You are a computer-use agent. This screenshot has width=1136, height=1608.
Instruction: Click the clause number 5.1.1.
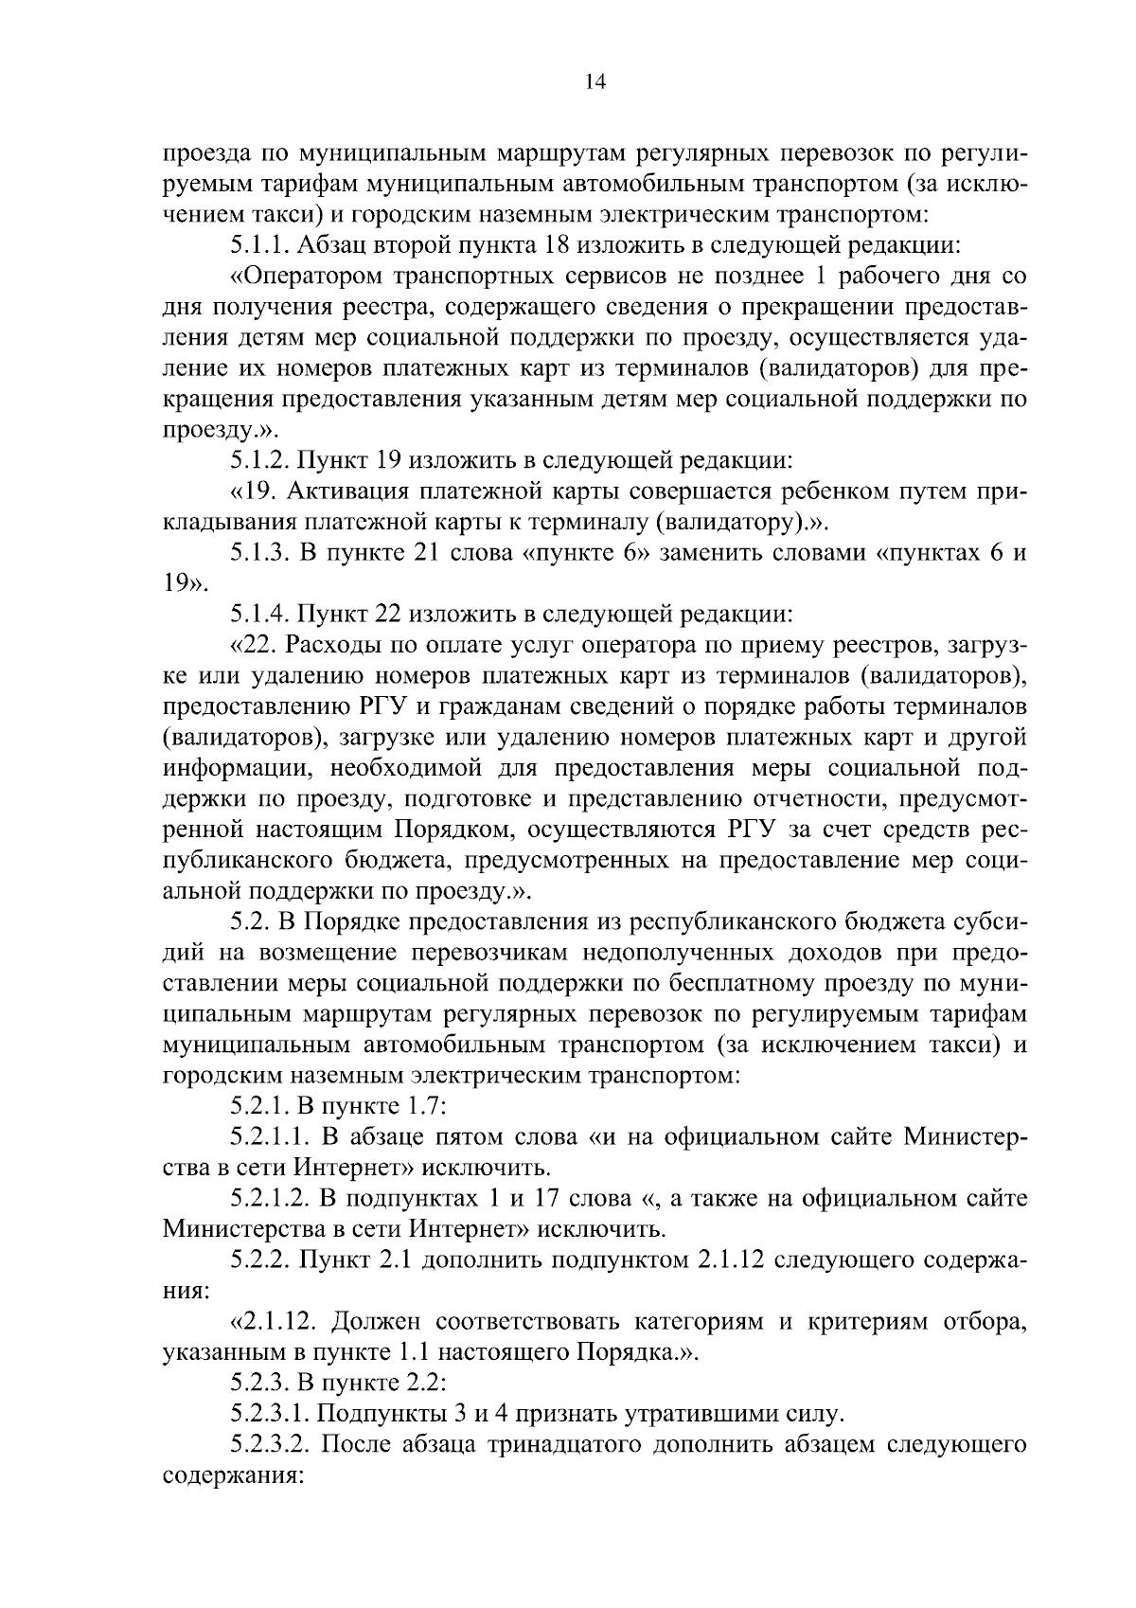260,245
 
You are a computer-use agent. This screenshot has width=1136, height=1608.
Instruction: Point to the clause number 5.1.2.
260,460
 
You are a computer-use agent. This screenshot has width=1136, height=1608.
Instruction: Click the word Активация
344,491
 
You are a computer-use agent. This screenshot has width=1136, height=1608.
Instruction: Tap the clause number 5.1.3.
260,553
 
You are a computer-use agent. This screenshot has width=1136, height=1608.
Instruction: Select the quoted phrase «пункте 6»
585,553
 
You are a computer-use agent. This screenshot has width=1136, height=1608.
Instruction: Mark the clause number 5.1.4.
260,615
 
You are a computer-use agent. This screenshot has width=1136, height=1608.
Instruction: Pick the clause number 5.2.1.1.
269,1135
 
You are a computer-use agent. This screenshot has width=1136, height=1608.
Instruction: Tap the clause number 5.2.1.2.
269,1198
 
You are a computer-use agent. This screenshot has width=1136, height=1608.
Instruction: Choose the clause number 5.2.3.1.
269,1413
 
